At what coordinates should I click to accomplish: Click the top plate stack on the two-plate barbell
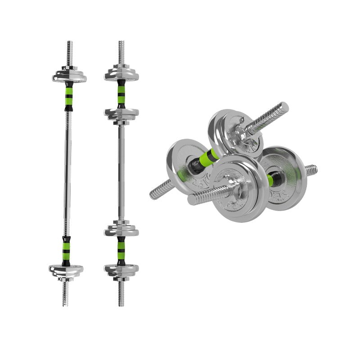tap(69, 76)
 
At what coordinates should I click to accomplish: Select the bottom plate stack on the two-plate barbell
tap(66, 270)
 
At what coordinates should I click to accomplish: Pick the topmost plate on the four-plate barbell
tap(121, 75)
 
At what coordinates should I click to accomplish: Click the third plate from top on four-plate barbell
tap(121, 231)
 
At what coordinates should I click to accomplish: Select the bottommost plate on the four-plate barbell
tap(121, 270)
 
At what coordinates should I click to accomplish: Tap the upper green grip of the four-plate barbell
tap(121, 94)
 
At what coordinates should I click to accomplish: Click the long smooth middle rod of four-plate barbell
tap(121, 171)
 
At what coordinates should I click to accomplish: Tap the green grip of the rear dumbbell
tap(207, 158)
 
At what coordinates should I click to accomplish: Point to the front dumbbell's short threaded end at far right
tap(310, 170)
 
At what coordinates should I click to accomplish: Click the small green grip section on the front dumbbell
tap(270, 180)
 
